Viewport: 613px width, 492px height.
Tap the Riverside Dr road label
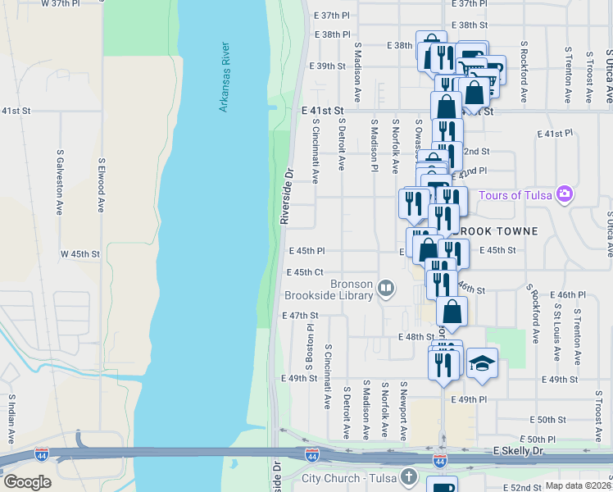coord(287,198)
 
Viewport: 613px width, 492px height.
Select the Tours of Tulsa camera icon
coord(564,194)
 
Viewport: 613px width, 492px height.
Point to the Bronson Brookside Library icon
coord(386,288)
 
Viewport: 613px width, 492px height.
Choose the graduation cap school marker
coord(482,363)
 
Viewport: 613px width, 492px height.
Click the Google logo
coord(27,482)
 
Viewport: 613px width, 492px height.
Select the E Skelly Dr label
coord(529,452)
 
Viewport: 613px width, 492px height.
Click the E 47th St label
coord(299,315)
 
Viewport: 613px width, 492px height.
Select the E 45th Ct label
coord(304,272)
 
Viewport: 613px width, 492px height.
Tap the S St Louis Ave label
coord(557,333)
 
